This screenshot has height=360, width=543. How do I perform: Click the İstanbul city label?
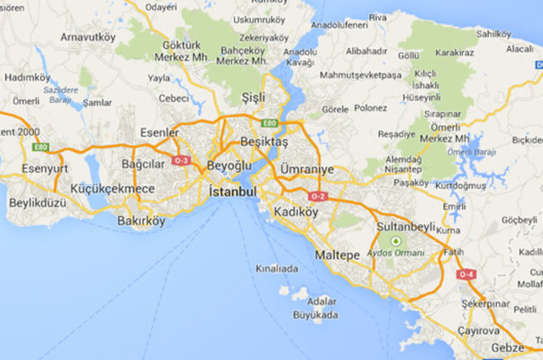(232, 193)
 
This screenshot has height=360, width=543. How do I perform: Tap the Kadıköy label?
(296, 211)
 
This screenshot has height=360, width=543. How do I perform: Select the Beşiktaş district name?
(264, 141)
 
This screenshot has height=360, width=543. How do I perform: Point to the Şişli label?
(253, 97)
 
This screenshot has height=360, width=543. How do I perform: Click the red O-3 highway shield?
(181, 160)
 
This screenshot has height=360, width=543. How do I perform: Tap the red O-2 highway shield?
(317, 196)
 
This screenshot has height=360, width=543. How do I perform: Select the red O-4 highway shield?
(466, 274)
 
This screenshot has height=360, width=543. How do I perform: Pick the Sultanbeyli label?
(411, 228)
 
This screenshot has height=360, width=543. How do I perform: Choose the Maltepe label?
(338, 255)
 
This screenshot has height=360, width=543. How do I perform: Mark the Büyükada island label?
(315, 315)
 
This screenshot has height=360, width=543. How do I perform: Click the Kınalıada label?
(277, 268)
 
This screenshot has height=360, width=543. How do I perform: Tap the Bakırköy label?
(143, 223)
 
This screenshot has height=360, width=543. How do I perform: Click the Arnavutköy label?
(88, 37)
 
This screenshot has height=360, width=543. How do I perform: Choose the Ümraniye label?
(307, 170)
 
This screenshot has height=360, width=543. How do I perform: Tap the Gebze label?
(508, 349)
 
